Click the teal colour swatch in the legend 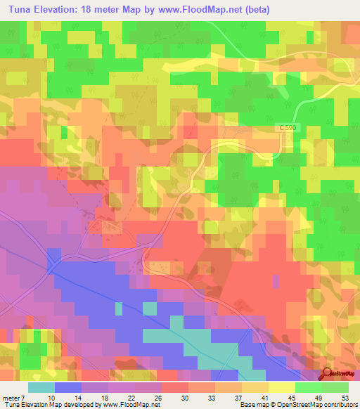pos(41,387)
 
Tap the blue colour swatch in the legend pos(68,387)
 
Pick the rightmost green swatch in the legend pos(335,387)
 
